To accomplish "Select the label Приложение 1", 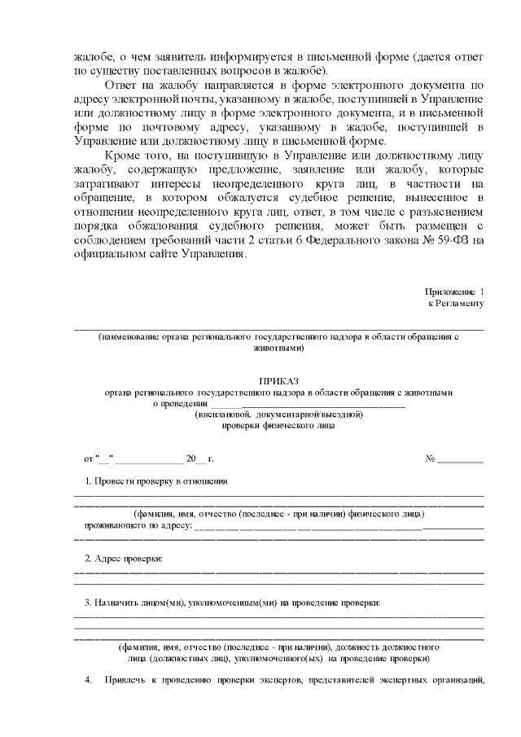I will (x=454, y=292).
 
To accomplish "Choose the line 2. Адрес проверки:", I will (x=124, y=559).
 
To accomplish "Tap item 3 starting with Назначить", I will (x=232, y=603).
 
